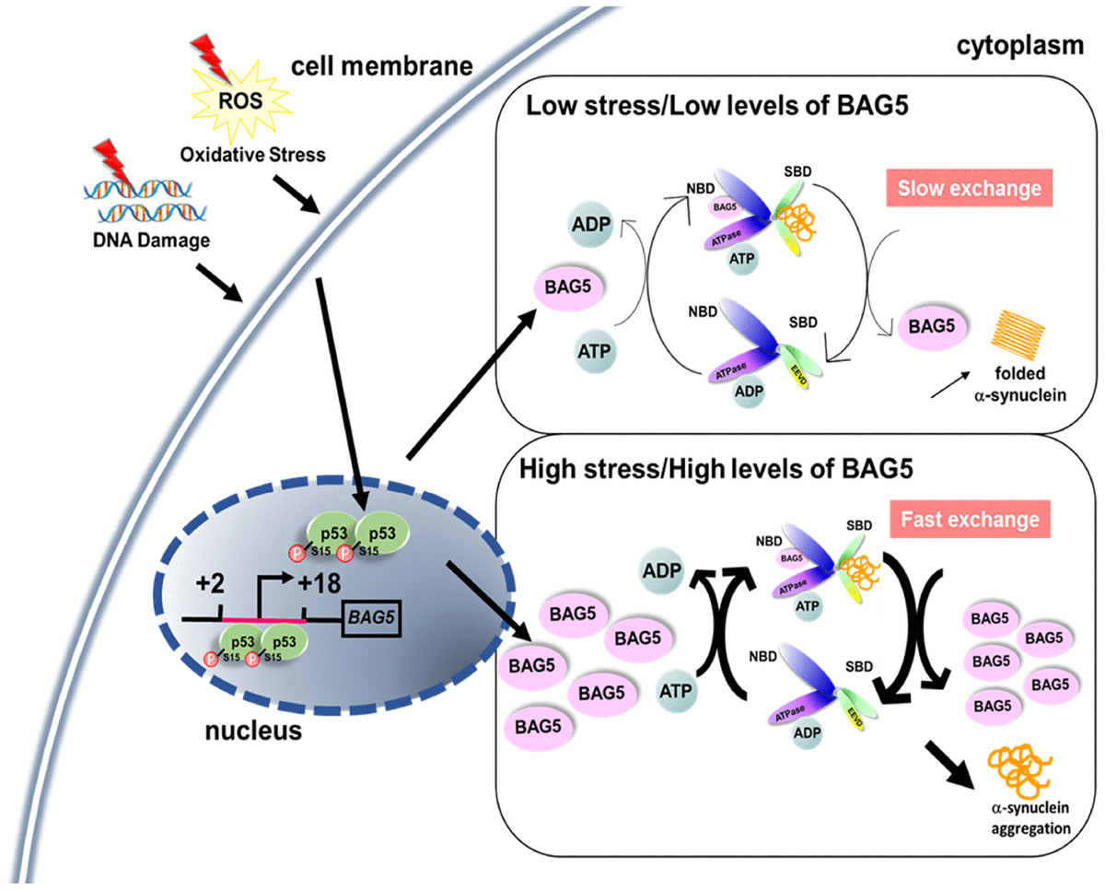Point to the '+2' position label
click(212, 585)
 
